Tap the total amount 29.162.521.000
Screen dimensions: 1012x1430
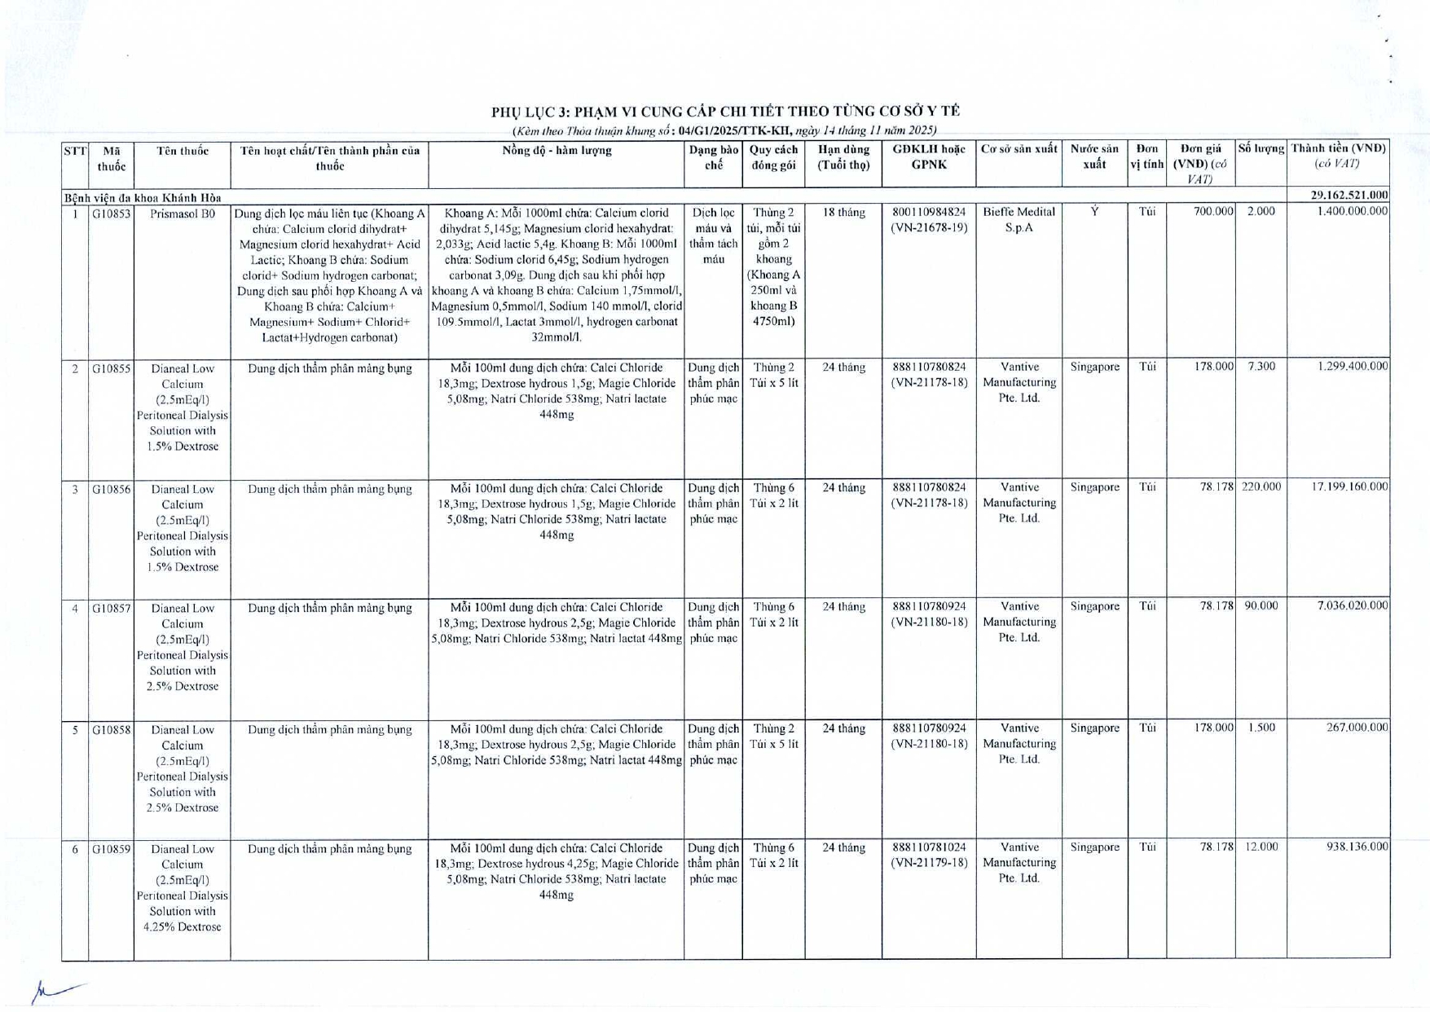coord(1348,195)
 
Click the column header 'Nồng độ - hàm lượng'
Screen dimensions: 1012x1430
coord(556,151)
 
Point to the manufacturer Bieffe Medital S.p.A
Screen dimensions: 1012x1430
coord(1019,220)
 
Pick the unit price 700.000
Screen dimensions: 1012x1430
coord(1213,212)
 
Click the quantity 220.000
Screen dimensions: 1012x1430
coord(1261,487)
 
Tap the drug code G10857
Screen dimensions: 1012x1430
coord(111,608)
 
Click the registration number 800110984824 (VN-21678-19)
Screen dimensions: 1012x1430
coord(929,220)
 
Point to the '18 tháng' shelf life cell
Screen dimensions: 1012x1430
coord(843,213)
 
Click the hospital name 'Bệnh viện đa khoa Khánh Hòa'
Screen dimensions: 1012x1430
coord(143,197)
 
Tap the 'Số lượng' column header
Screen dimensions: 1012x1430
coord(1261,150)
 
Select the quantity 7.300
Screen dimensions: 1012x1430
coord(1261,367)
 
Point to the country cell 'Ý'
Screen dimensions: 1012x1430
coord(1094,212)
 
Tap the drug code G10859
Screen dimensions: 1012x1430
coord(111,849)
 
